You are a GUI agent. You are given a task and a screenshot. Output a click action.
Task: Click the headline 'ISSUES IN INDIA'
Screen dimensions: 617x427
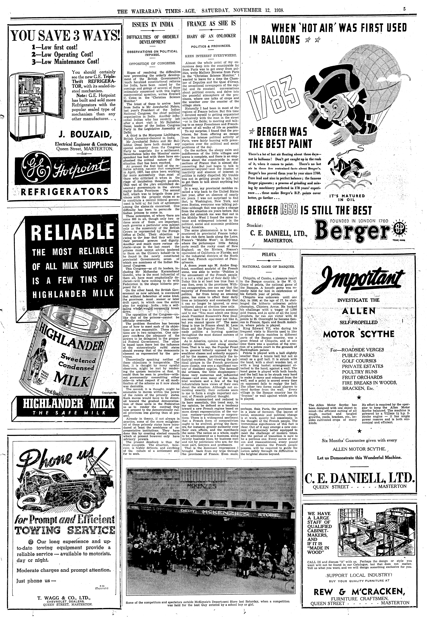click(153, 25)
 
